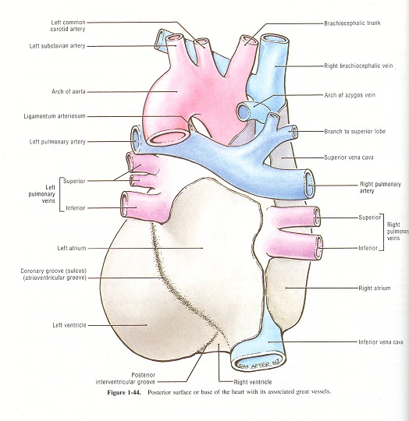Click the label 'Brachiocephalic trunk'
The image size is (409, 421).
point(352,23)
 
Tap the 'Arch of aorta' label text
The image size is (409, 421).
point(69,91)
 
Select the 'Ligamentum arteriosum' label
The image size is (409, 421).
point(55,116)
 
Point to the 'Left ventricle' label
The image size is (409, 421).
point(69,325)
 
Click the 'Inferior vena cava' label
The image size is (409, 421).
point(381,342)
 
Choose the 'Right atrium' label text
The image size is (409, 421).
point(375,288)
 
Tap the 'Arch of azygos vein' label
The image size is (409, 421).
point(350,95)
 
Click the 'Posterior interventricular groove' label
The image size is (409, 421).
point(126,378)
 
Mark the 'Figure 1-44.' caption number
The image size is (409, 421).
point(124,392)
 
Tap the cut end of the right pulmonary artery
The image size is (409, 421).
point(309,184)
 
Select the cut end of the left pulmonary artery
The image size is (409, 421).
point(136,140)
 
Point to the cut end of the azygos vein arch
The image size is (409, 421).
point(244,111)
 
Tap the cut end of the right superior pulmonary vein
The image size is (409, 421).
point(318,217)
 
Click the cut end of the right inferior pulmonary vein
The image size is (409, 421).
point(319,247)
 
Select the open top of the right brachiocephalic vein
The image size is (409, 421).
point(275,40)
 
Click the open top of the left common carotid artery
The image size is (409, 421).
point(201,41)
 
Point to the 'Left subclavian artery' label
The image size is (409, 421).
point(58,46)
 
